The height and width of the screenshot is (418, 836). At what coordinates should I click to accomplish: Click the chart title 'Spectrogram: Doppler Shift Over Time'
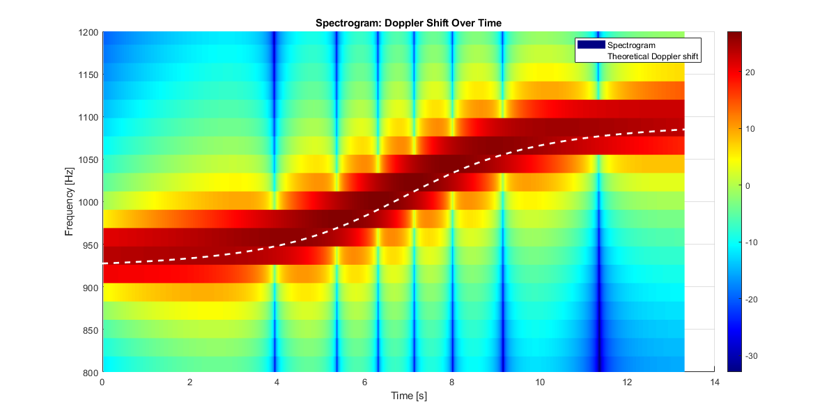pos(408,23)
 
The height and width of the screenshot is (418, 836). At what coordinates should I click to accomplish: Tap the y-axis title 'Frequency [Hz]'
pos(70,202)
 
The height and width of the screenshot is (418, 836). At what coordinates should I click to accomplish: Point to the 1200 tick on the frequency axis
pos(89,32)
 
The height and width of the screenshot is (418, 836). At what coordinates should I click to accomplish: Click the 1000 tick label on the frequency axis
pos(89,202)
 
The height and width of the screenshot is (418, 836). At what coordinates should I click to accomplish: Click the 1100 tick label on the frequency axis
pos(89,117)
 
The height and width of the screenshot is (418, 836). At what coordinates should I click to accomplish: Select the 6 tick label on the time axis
pos(364,382)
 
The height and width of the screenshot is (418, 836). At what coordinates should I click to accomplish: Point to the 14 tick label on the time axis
pos(714,382)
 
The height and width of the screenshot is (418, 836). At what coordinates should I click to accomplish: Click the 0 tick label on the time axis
pos(102,382)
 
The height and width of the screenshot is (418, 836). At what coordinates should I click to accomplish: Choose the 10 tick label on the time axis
pos(539,382)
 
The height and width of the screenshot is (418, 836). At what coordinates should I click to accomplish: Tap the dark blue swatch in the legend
pos(591,45)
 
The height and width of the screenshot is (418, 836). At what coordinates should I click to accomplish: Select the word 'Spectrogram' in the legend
pos(632,45)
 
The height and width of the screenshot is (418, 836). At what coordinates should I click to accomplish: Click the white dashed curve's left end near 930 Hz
pos(104,263)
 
